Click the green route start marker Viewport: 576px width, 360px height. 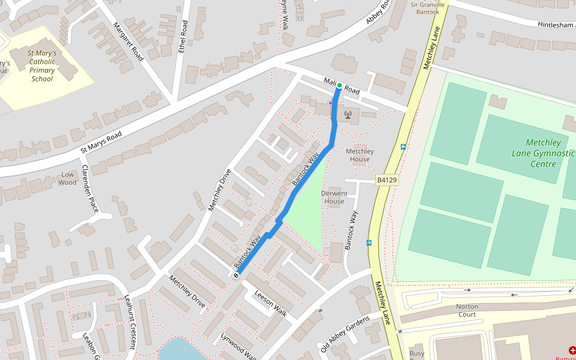pyautogui.click(x=339, y=85)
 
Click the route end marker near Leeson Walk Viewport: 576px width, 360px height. pyautogui.click(x=236, y=275)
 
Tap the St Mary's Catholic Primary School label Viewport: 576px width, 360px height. pyautogui.click(x=42, y=66)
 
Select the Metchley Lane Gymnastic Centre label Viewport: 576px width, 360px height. pyautogui.click(x=543, y=153)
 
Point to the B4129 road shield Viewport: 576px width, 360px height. pyautogui.click(x=388, y=180)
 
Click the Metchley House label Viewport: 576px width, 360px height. pyautogui.click(x=360, y=155)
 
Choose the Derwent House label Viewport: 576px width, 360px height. pyautogui.click(x=334, y=197)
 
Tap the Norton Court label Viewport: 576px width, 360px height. pyautogui.click(x=467, y=310)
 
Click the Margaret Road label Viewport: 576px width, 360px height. pyautogui.click(x=128, y=41)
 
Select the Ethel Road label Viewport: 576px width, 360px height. pyautogui.click(x=183, y=37)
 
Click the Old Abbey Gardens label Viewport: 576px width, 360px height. pyautogui.click(x=347, y=334)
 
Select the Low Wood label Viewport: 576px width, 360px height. pyautogui.click(x=68, y=178)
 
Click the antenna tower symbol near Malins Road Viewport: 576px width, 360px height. pyautogui.click(x=347, y=114)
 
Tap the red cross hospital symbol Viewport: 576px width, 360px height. pyautogui.click(x=572, y=350)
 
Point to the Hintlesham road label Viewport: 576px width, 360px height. pyautogui.click(x=549, y=25)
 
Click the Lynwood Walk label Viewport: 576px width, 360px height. pyautogui.click(x=238, y=347)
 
